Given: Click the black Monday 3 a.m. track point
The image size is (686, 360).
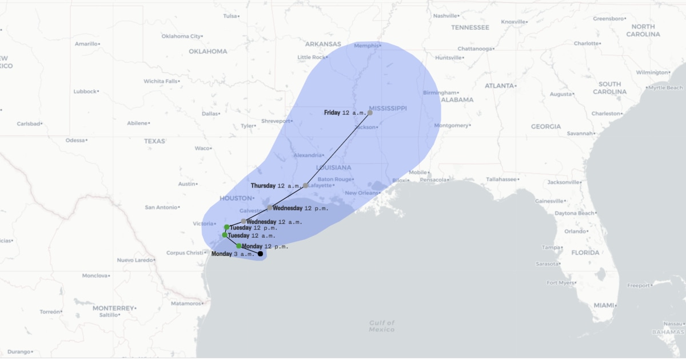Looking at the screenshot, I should pyautogui.click(x=260, y=254).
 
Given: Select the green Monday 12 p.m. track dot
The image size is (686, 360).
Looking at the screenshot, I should pyautogui.click(x=239, y=246).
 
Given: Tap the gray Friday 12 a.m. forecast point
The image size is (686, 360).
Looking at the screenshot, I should pyautogui.click(x=370, y=113).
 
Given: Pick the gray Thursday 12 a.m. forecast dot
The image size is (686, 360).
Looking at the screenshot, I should pyautogui.click(x=306, y=186).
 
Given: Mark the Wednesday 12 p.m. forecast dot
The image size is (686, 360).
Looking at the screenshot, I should pyautogui.click(x=270, y=208).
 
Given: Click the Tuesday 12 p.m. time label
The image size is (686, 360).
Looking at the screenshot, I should pyautogui.click(x=253, y=227).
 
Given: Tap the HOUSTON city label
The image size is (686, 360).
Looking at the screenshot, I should pyautogui.click(x=236, y=198).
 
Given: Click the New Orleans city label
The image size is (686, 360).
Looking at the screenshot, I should pyautogui.click(x=361, y=193).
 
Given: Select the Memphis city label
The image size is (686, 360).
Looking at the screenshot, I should pyautogui.click(x=366, y=46).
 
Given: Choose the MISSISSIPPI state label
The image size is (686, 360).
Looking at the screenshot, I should pyautogui.click(x=388, y=108).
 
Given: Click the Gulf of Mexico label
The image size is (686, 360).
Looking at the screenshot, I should pyautogui.click(x=382, y=326).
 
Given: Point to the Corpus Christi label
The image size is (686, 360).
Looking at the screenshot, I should pyautogui.click(x=184, y=253).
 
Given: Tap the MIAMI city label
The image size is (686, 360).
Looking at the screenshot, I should pyautogui.click(x=604, y=305).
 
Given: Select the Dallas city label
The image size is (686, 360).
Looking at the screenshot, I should pyautogui.click(x=210, y=114).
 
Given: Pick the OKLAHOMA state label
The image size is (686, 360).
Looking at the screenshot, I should pyautogui.click(x=208, y=51).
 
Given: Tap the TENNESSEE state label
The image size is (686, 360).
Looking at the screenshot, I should pyautogui.click(x=470, y=27).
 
